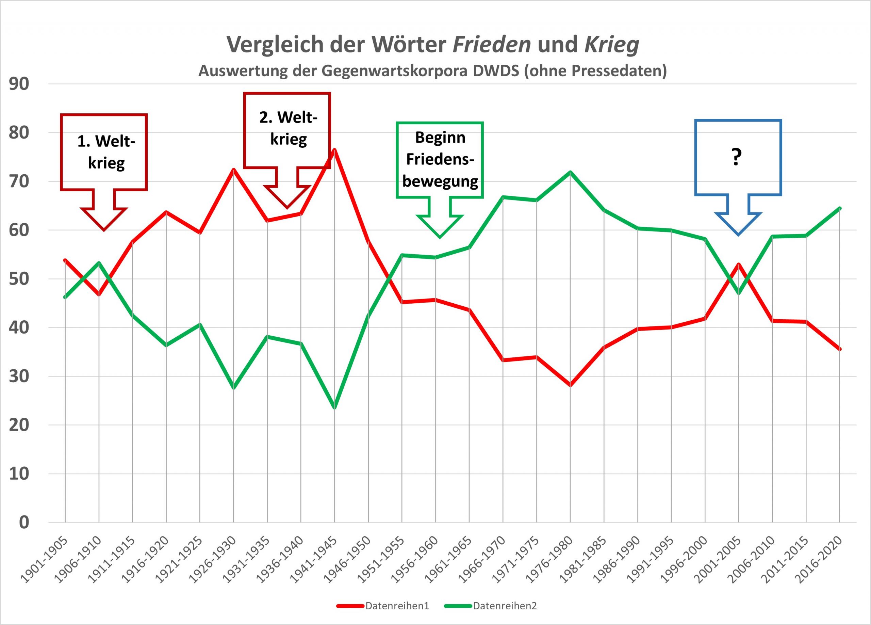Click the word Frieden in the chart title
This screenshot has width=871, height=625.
(492, 44)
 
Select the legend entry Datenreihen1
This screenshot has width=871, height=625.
(397, 606)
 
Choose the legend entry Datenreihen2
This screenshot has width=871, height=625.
(505, 606)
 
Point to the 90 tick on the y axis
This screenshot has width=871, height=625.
(19, 84)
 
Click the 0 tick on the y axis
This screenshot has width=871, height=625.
(24, 523)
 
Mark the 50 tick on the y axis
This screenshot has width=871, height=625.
(19, 279)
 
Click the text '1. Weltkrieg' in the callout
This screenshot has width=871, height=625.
(106, 152)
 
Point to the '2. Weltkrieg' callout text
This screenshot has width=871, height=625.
(289, 128)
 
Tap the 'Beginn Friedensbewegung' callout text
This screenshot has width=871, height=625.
(440, 159)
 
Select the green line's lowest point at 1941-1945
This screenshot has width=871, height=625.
(334, 407)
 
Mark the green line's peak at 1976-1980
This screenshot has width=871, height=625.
(570, 172)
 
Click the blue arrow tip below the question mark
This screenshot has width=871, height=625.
(738, 235)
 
